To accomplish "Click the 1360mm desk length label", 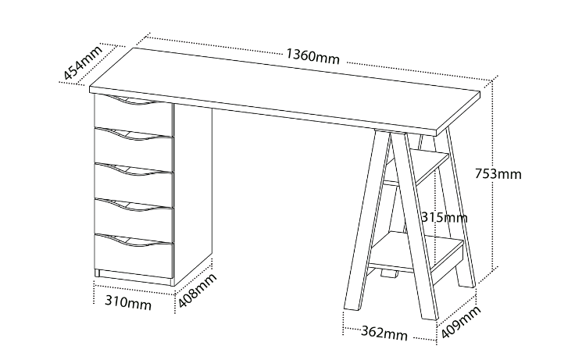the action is coord(312,56).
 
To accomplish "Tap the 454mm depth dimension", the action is coord(83,62).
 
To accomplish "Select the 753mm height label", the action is coord(498,173).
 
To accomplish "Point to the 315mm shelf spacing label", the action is coord(444,218).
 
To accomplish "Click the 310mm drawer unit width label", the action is coord(128,302).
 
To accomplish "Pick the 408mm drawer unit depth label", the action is coord(198,291).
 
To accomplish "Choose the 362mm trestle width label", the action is coord(384,333).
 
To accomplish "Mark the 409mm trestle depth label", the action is coord(461,323).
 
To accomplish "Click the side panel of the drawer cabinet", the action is coord(192,194).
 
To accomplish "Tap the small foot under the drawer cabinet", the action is coord(97,273).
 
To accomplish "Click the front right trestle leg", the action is coord(414,223).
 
